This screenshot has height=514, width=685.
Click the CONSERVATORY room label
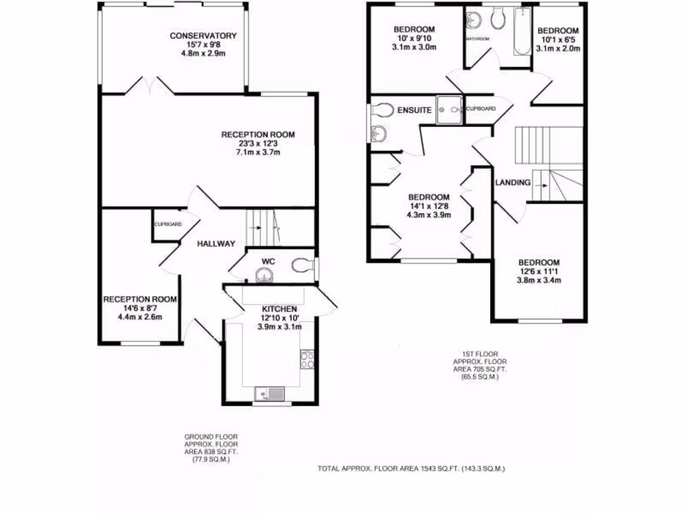203,35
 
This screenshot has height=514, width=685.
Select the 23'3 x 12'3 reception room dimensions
258,143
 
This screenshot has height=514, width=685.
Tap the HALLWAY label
216,244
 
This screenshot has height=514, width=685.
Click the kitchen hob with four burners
308,360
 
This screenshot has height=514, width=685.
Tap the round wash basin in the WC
266,274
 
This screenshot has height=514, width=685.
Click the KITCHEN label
279,309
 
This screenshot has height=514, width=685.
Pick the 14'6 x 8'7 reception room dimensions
140,308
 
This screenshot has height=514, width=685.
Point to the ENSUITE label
414,110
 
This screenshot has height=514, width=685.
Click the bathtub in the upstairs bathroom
520,33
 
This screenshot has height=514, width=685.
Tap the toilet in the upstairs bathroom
497,20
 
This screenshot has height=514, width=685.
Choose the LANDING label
513,183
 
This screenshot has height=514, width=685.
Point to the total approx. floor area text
411,469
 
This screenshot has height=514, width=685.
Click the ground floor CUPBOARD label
168,224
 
